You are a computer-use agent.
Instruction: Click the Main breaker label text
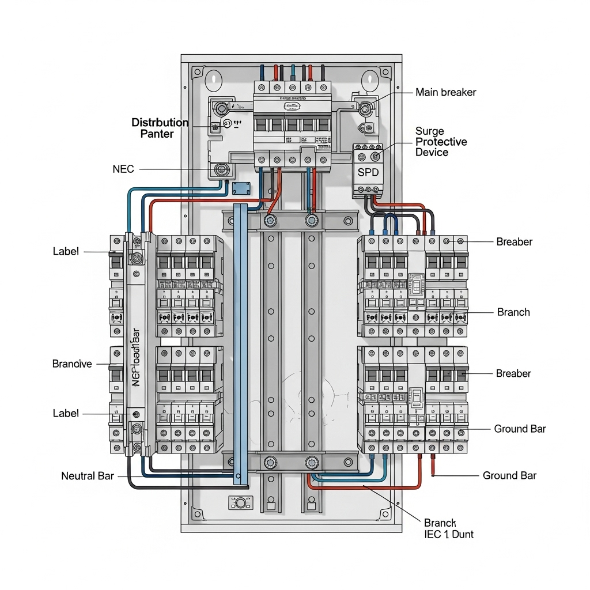(445, 92)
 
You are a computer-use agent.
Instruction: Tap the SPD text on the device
(368, 172)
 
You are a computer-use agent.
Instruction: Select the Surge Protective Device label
(441, 142)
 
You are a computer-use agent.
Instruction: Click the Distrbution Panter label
(160, 128)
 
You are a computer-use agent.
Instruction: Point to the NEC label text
(123, 169)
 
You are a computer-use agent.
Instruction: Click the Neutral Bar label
(88, 476)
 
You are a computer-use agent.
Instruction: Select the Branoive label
(72, 364)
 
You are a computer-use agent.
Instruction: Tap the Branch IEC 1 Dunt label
(448, 528)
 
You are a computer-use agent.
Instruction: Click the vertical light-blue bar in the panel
(240, 340)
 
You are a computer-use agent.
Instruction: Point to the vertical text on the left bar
(137, 357)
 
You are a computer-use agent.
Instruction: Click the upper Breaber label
(514, 242)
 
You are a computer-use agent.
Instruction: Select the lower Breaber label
(513, 373)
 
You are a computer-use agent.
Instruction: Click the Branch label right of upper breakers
(513, 312)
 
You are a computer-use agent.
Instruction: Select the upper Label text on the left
(66, 252)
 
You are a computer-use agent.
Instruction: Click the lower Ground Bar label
(509, 475)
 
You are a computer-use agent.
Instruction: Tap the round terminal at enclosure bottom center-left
(240, 504)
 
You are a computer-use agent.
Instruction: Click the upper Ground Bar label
(520, 429)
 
